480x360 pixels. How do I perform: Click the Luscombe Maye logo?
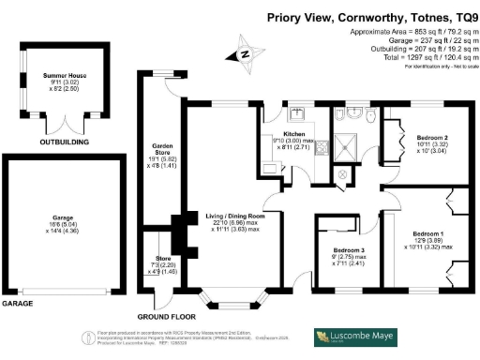tap(355, 337)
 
